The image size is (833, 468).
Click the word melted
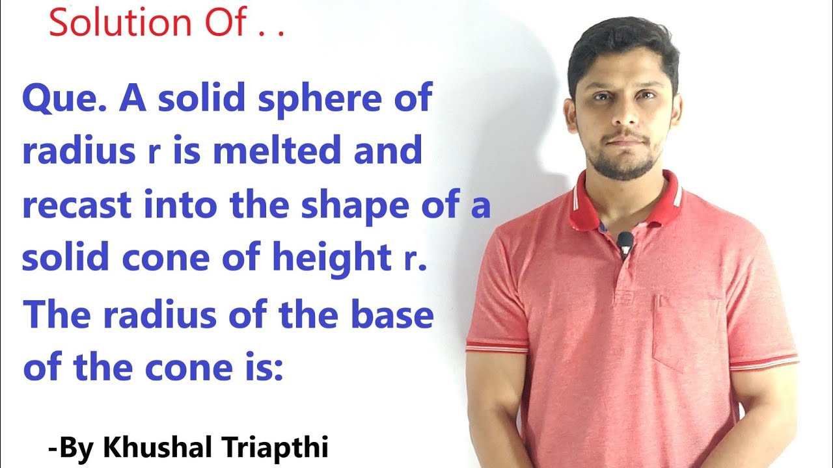pyautogui.click(x=276, y=151)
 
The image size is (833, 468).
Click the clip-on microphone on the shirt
pyautogui.click(x=625, y=243)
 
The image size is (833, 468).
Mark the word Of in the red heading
pyautogui.click(x=226, y=22)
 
